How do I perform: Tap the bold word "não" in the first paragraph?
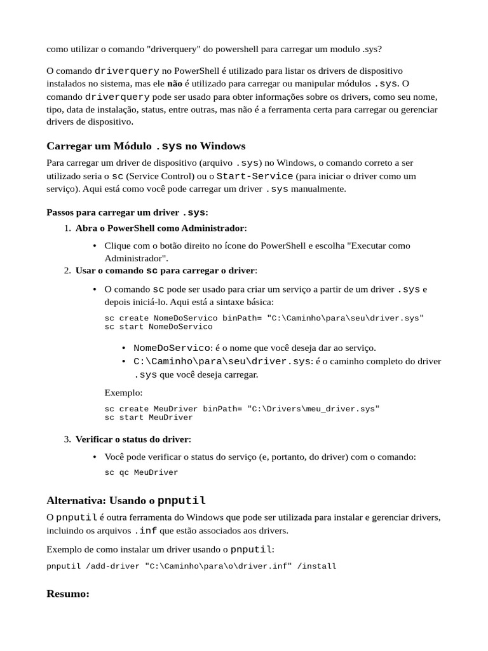(x=174, y=83)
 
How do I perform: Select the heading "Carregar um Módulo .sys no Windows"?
(x=146, y=146)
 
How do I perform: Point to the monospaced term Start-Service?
(x=255, y=175)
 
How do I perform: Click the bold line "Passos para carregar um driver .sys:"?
(x=127, y=212)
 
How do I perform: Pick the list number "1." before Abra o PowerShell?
(x=67, y=228)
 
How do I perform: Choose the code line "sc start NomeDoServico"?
(x=158, y=327)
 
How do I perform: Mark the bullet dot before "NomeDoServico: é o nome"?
(x=124, y=348)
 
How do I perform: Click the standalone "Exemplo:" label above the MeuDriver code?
(x=123, y=392)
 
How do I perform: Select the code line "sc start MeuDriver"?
(x=148, y=418)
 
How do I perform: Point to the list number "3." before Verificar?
(x=67, y=439)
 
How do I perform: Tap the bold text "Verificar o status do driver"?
(x=132, y=439)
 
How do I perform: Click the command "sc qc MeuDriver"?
(x=141, y=472)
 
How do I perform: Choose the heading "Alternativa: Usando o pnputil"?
(x=126, y=500)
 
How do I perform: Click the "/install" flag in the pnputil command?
(x=316, y=566)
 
